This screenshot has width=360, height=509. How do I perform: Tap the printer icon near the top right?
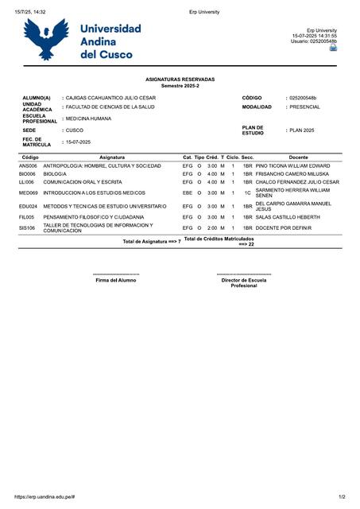click(x=333, y=48)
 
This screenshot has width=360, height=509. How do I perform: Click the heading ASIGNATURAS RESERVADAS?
click(x=180, y=80)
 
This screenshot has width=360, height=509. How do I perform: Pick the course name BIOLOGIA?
click(x=55, y=173)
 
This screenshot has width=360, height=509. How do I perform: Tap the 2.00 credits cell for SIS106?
click(x=212, y=228)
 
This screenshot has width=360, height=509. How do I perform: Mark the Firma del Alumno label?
click(x=116, y=280)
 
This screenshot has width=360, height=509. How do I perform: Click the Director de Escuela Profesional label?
click(x=244, y=282)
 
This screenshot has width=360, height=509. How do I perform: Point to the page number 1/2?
click(x=342, y=496)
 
